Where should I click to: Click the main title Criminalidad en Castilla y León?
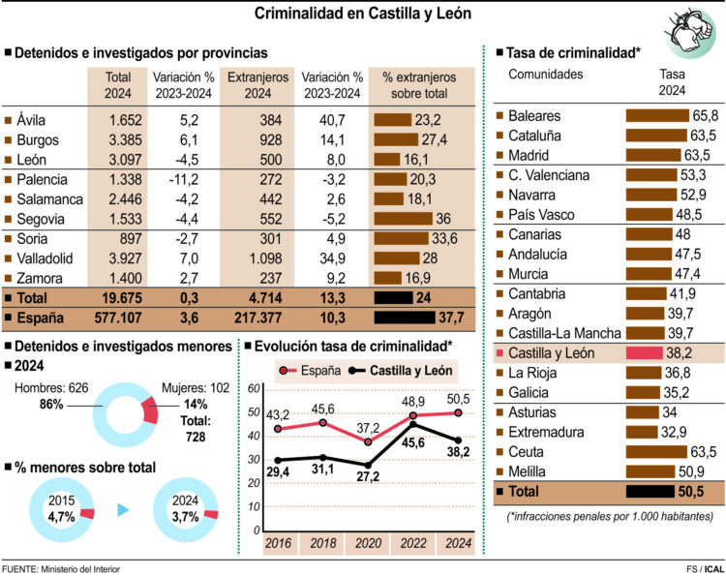tap(363, 14)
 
